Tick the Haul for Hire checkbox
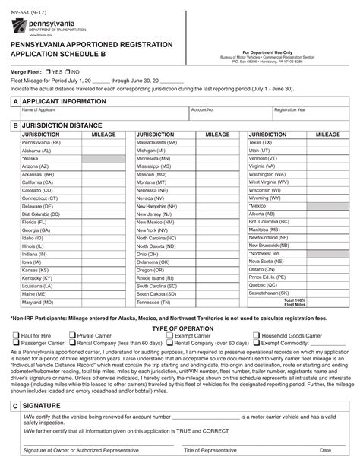(16, 335)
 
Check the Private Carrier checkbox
(72, 335)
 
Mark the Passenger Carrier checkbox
(16, 343)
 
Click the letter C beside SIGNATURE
(15, 407)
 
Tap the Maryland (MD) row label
(37, 302)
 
